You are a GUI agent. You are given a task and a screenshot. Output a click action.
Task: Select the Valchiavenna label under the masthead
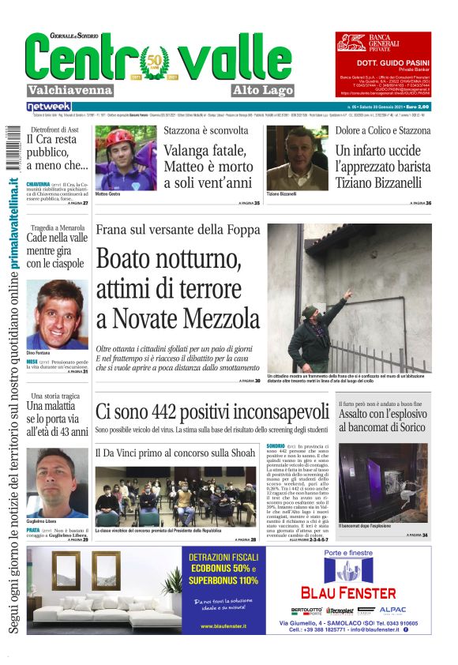(x=70, y=90)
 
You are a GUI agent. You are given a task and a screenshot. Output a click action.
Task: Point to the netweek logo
(x=48, y=106)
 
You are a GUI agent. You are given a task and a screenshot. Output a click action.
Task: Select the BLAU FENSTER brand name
(x=348, y=592)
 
